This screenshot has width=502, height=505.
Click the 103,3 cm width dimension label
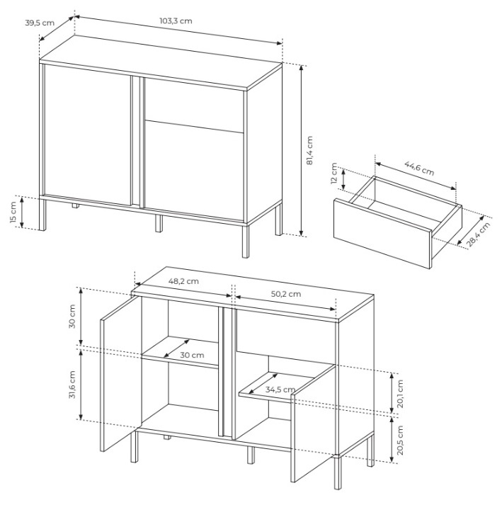tap(176, 21)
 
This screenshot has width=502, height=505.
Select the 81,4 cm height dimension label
tap(309, 150)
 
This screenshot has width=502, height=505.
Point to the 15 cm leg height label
tap(13, 212)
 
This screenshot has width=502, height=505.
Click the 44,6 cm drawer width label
tap(419, 168)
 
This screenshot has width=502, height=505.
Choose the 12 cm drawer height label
tap(334, 174)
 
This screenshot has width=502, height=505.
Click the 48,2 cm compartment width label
tap(183, 281)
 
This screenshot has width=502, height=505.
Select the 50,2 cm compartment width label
tap(286, 294)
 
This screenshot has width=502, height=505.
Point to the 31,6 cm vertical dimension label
tap(72, 385)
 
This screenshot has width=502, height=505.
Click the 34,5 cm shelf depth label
tap(280, 390)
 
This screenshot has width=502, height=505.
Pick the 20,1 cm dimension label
tap(400, 394)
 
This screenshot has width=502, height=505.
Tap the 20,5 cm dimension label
tap(400, 440)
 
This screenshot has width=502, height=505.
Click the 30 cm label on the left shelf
tap(192, 355)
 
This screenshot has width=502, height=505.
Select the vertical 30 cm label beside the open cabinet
tap(72, 317)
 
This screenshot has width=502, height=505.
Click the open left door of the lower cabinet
tap(121, 374)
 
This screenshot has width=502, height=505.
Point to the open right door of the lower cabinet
tap(314, 424)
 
